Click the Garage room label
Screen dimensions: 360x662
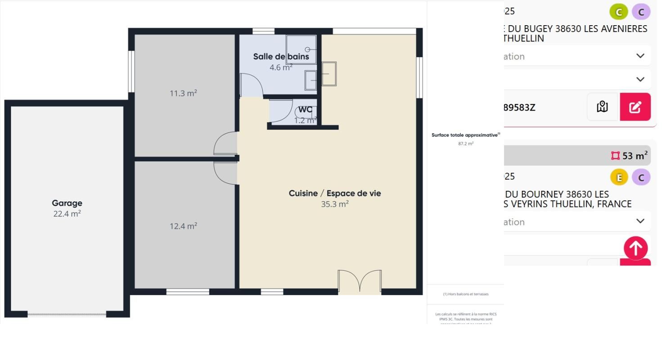point(67,203)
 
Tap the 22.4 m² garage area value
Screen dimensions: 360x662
point(67,214)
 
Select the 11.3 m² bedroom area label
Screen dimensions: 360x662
point(183,93)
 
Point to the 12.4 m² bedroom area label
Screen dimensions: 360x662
point(183,226)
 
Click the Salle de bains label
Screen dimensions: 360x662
point(281,57)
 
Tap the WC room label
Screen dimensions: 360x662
point(305,109)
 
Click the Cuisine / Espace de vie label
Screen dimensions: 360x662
point(334,193)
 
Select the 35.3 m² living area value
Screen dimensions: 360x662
point(334,204)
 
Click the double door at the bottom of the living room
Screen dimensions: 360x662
point(360,282)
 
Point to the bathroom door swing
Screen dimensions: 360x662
point(251,85)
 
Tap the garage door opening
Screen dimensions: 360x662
point(67,314)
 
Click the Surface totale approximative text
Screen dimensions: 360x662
point(465,135)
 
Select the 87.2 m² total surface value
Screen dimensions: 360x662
point(465,144)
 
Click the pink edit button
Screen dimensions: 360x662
point(635,107)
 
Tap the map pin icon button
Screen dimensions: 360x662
point(602,107)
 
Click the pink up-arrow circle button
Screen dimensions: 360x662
point(635,248)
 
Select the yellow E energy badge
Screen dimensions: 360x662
point(619,177)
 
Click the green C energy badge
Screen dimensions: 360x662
point(619,12)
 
